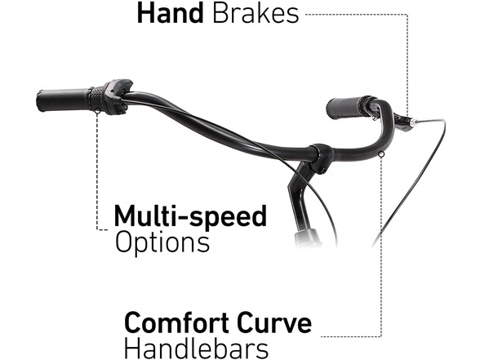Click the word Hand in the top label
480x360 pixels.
tap(170, 13)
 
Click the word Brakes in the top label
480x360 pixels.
tap(256, 13)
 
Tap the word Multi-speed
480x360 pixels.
tap(190, 217)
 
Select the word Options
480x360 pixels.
tap(162, 242)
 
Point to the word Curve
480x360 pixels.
tap(274, 322)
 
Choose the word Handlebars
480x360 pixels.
tap(196, 349)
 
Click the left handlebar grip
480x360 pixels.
tap(64, 100)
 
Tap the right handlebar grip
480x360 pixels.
tap(348, 109)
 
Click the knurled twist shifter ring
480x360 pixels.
tap(96, 99)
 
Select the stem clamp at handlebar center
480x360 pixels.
tap(320, 158)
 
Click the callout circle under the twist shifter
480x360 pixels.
tap(97, 111)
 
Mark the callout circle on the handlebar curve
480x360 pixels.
tap(381, 154)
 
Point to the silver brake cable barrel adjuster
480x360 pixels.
tap(414, 122)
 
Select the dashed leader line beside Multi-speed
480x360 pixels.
tap(97, 171)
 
